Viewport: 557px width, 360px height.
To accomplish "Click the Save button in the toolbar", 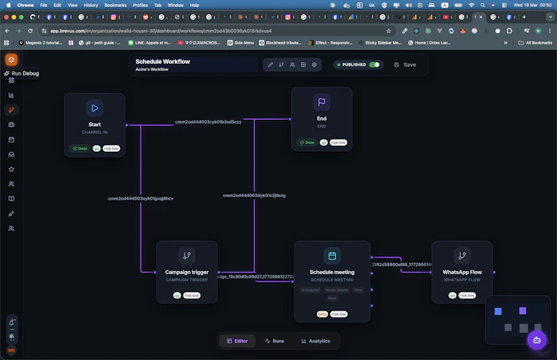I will (x=405, y=65).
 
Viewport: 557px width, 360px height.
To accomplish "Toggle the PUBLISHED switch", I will (x=375, y=65).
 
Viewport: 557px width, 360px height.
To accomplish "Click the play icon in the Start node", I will (x=95, y=108).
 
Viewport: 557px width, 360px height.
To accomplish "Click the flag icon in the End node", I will (x=322, y=102).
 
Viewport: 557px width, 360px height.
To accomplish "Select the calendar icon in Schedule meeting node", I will (x=332, y=256).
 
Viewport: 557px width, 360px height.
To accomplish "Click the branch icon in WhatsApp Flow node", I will (x=462, y=256).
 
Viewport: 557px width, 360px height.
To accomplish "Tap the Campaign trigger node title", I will (x=187, y=272).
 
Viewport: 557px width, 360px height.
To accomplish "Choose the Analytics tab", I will (x=315, y=341).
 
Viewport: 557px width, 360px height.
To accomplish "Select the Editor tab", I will (x=236, y=341).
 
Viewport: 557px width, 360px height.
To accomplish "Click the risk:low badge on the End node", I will (x=338, y=142).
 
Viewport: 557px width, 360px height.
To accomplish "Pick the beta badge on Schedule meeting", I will (x=322, y=314).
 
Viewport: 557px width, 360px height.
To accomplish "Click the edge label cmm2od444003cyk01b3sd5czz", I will (x=208, y=122).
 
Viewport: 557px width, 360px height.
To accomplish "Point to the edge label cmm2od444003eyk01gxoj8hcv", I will (x=141, y=198).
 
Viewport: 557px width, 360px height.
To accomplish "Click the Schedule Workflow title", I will (x=162, y=61).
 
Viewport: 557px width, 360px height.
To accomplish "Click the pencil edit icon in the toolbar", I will (x=270, y=65).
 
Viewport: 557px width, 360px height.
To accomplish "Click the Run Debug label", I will (x=25, y=73).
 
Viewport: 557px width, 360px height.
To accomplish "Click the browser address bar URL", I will (x=160, y=31).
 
